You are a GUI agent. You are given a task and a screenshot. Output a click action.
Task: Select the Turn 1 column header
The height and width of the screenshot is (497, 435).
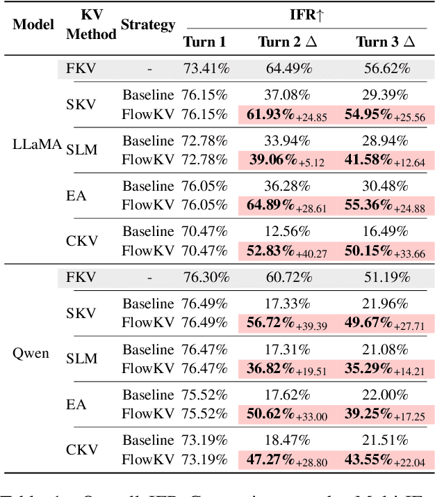204,42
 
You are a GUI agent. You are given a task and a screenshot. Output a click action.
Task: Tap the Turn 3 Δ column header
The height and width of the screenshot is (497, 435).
386,42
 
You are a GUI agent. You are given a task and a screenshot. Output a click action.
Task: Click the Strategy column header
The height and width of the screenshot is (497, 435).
147,25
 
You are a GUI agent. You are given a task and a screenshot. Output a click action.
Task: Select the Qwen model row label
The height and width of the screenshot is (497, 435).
31,353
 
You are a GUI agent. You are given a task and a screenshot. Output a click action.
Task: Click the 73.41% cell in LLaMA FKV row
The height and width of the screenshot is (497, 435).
206,68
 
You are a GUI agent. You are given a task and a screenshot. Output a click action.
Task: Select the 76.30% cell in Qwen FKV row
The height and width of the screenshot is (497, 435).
206,277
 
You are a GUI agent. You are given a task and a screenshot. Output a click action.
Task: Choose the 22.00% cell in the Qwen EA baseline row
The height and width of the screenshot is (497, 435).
386,393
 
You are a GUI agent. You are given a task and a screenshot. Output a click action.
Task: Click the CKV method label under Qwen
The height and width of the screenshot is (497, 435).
82,450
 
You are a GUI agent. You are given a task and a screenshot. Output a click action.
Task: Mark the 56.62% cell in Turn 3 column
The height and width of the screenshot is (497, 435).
386,68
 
